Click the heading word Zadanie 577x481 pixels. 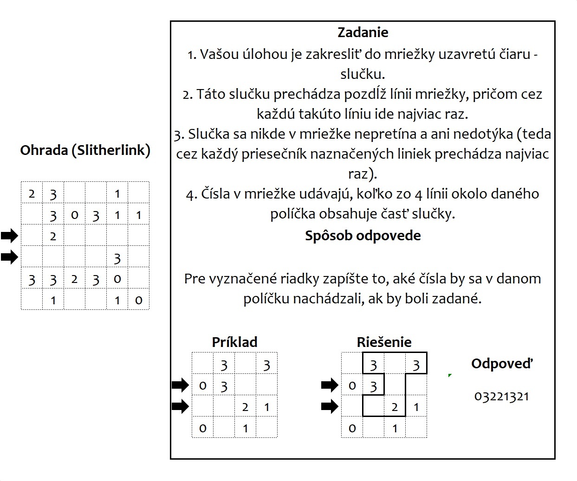[x=363, y=32]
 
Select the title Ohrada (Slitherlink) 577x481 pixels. [x=85, y=150]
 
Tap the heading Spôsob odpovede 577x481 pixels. [x=363, y=236]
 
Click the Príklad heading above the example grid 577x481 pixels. [x=234, y=342]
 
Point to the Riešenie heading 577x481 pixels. [x=384, y=342]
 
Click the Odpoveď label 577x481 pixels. [x=502, y=364]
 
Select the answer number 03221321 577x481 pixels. [x=502, y=397]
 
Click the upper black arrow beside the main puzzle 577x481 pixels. [x=9, y=236]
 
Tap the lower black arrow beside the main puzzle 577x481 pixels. [x=9, y=257]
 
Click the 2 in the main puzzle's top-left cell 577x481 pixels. [x=32, y=193]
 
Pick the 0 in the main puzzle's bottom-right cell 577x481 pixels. [x=138, y=301]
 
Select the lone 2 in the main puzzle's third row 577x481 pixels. [x=53, y=237]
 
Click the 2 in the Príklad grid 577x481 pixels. [x=245, y=407]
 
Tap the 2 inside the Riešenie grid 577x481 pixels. [x=395, y=407]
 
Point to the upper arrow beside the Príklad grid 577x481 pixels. [x=180, y=385]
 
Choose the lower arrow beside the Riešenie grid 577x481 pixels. [x=330, y=407]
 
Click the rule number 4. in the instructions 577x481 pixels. [x=191, y=194]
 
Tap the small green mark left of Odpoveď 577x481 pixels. [x=450, y=375]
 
